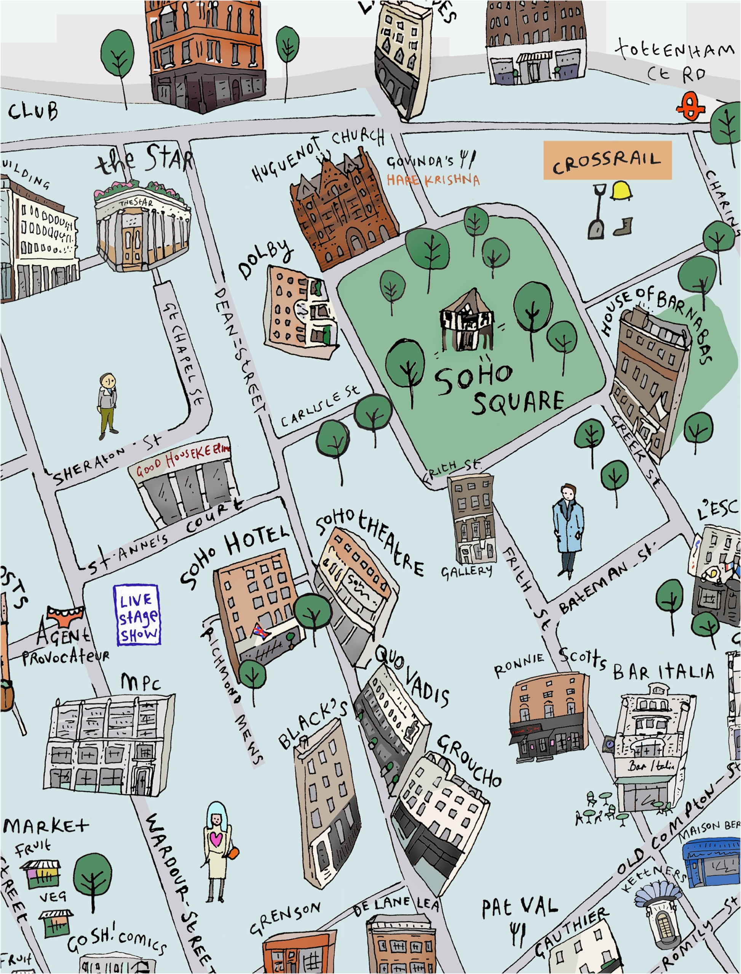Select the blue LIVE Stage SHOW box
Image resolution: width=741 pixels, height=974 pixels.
pos(137,615)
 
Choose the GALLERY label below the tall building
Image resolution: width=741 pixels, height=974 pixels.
pos(467,571)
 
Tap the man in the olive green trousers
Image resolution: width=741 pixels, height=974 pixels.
pos(107,406)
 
